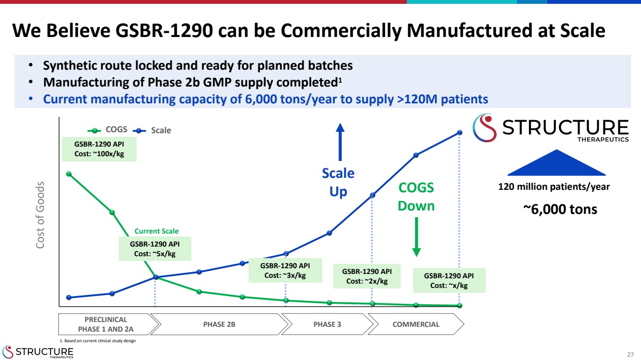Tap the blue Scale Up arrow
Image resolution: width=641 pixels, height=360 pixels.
340,142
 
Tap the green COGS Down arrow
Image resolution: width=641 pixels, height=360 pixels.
416,237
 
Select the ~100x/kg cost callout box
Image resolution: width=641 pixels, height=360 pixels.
99,149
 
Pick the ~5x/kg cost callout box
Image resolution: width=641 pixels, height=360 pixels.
155,249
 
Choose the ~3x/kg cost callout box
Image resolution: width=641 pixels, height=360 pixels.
285,270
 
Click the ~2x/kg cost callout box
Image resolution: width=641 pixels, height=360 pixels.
367,276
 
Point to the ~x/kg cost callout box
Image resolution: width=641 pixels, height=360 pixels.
449,280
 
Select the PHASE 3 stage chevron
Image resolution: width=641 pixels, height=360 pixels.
327,324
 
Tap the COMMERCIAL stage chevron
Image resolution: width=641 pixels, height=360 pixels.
415,324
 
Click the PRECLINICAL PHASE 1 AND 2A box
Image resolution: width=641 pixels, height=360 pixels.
105,324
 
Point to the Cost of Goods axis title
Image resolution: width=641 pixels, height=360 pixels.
42,215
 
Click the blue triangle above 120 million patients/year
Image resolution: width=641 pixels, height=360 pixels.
556,163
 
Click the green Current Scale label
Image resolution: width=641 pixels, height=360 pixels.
156,231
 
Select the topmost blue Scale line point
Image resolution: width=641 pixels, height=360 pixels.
460,133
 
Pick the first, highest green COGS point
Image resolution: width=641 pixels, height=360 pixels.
69,174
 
